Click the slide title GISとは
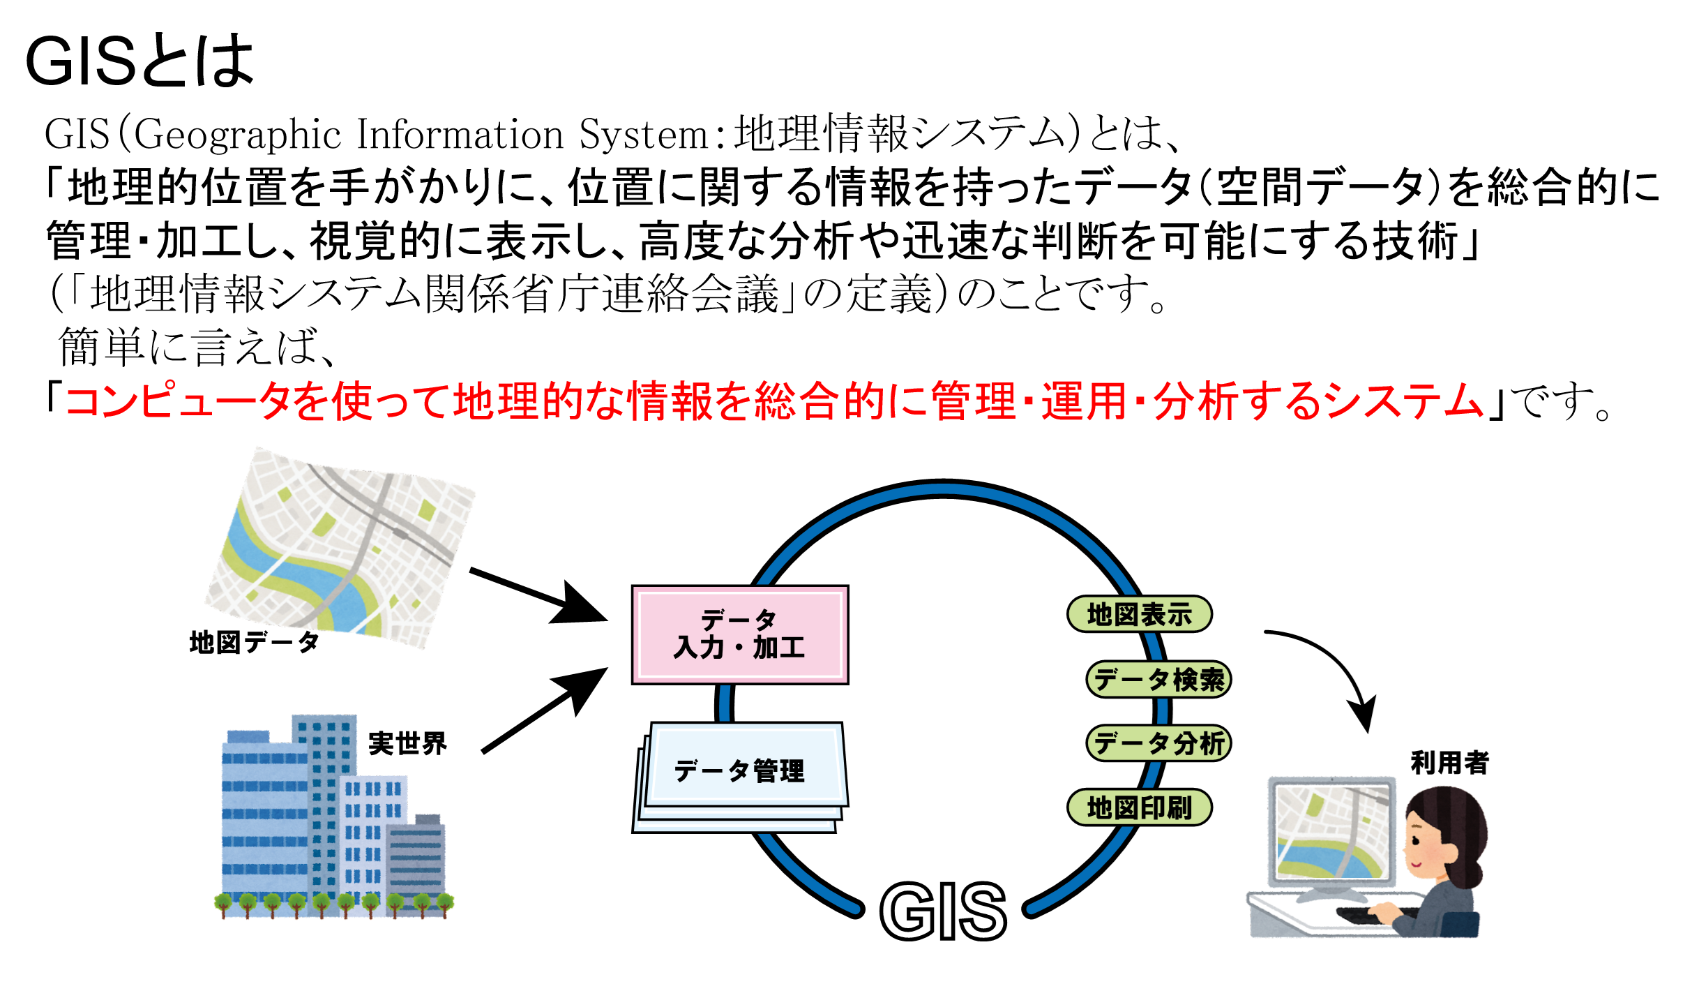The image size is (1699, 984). click(x=139, y=61)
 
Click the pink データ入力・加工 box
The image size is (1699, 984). click(x=739, y=634)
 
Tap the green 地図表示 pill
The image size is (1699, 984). click(x=1139, y=615)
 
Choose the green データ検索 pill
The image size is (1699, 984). click(x=1158, y=679)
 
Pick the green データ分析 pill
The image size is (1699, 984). click(x=1158, y=743)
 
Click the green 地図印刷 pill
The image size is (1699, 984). click(x=1139, y=808)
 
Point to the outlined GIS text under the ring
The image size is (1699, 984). click(x=943, y=911)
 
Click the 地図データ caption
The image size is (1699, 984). click(x=254, y=642)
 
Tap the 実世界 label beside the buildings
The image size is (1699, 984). click(x=407, y=743)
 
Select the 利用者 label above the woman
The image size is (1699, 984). click(x=1449, y=763)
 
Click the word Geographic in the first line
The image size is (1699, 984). click(x=237, y=134)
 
